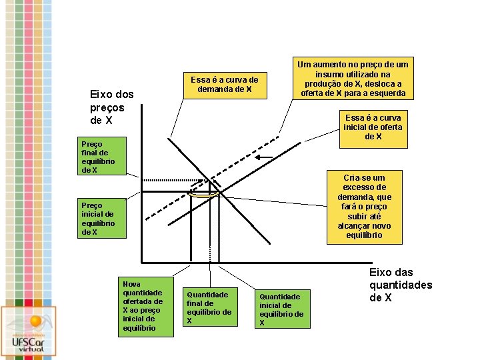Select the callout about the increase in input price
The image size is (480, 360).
point(353,79)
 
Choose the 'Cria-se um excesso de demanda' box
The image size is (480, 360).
point(364,207)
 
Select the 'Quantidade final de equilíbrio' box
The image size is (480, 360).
point(210,307)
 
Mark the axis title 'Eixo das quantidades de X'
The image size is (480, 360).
point(401,284)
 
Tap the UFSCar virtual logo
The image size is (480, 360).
point(28,330)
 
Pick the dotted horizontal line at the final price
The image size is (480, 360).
point(173,181)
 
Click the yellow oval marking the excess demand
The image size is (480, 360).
point(203,194)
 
